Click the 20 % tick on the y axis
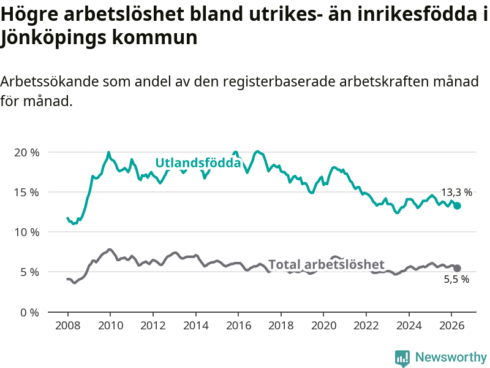click(27, 153)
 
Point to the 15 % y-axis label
click(27, 193)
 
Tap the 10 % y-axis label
click(27, 232)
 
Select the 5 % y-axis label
click(30, 272)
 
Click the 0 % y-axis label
click(30, 312)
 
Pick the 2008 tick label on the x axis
click(68, 326)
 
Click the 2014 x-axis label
click(195, 326)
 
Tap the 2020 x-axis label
click(324, 326)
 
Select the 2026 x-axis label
click(452, 326)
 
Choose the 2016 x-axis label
click(238, 326)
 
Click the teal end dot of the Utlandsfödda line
click(457, 205)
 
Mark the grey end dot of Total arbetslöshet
click(457, 268)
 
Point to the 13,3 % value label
click(456, 192)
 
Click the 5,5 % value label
click(456, 279)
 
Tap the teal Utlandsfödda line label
click(198, 163)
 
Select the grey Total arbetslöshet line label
click(326, 264)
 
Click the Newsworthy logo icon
click(402, 358)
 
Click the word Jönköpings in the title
click(52, 37)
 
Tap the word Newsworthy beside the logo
click(451, 357)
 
